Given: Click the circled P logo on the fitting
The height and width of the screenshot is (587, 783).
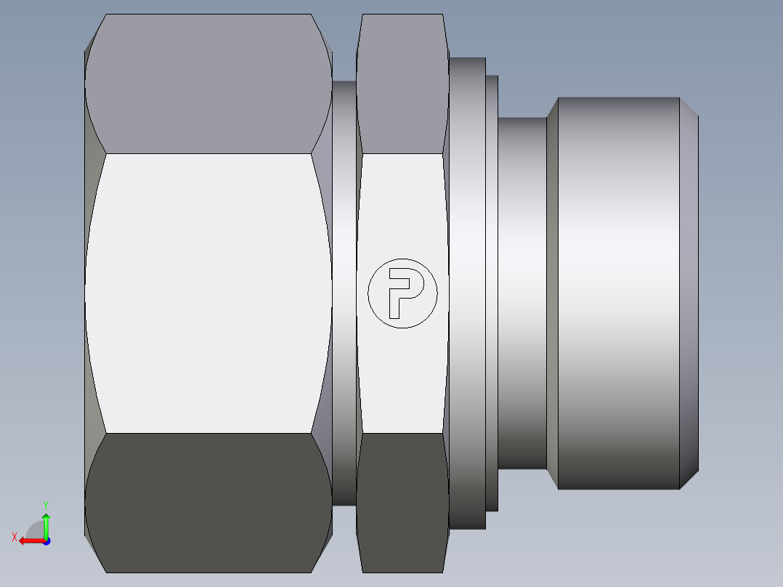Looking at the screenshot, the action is click(x=402, y=293).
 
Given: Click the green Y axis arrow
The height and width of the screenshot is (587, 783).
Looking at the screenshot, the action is click(x=46, y=526).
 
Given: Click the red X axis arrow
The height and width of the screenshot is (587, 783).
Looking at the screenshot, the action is click(x=32, y=541).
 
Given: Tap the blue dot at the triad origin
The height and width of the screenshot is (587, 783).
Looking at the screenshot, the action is click(x=46, y=541).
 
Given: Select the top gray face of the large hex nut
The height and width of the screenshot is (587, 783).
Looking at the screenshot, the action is click(x=208, y=84).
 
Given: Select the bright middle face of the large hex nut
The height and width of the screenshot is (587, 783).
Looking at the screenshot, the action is click(x=208, y=293).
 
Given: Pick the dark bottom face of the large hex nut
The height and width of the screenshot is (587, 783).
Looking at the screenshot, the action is click(x=208, y=503).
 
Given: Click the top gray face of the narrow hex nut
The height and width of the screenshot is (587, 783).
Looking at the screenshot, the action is click(x=402, y=84).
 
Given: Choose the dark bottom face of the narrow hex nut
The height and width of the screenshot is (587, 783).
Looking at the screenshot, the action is click(x=402, y=503).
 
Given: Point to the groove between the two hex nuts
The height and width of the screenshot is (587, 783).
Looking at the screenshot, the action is click(x=344, y=293).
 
